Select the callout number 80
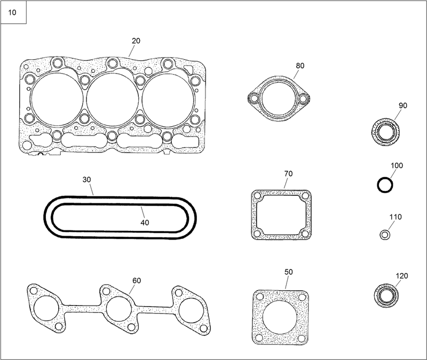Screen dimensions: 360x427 point(300,66)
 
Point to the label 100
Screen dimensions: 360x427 point(396,165)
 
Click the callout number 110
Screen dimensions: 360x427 point(396,217)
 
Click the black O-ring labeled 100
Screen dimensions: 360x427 point(385,185)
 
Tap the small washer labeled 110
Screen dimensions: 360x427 point(384,235)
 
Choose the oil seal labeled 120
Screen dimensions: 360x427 point(385,295)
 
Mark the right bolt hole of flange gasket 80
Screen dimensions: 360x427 point(303,98)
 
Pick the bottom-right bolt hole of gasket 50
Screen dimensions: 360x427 point(304,338)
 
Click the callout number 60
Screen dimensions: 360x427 point(137,280)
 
